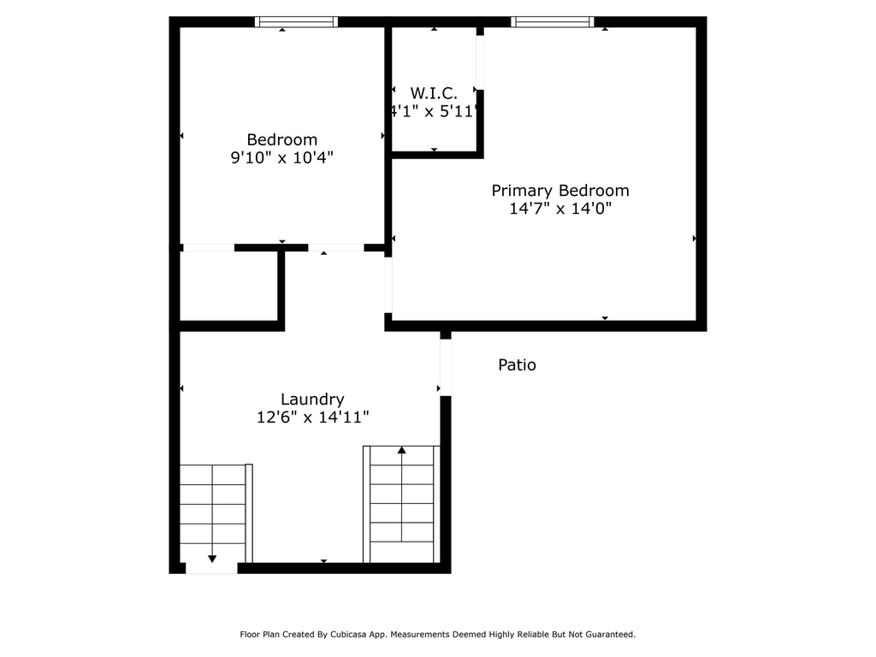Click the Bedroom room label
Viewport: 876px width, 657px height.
[281, 139]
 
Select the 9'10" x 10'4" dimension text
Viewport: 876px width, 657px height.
[281, 157]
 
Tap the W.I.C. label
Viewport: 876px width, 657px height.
[434, 92]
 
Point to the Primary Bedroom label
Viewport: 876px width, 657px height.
[559, 191]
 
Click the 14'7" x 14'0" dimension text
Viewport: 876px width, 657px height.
[559, 208]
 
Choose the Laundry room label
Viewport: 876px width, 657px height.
[312, 399]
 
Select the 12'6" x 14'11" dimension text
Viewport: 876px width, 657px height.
[312, 417]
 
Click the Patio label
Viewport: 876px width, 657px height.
[517, 365]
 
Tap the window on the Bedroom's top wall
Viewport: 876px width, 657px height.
[297, 22]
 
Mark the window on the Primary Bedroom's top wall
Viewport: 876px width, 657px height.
[553, 22]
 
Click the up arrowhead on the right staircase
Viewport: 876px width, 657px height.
[401, 450]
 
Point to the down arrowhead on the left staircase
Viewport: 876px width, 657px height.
[212, 559]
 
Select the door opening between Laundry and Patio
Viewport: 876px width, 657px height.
[445, 367]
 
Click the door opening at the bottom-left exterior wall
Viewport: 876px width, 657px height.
[211, 568]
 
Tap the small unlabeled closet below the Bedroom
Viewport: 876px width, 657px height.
[228, 286]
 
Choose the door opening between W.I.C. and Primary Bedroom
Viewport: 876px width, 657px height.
[480, 62]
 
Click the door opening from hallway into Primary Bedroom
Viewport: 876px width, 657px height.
[388, 285]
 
